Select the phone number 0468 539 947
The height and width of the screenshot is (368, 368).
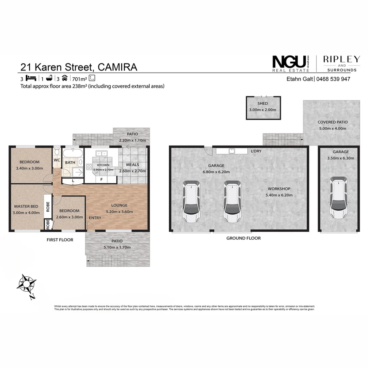point(333,79)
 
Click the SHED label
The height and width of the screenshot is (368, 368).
point(263,104)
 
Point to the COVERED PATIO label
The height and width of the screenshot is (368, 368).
point(332,122)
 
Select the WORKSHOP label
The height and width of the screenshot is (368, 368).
point(279,189)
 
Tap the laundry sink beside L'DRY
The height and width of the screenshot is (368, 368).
point(232,150)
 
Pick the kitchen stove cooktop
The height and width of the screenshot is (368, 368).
point(89,167)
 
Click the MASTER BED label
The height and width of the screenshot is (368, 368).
point(26,206)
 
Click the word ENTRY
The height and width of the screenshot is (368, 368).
point(95,218)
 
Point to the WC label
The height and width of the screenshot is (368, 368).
point(57,160)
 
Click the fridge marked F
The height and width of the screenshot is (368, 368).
point(101,179)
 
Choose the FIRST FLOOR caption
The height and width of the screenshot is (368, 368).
point(60,240)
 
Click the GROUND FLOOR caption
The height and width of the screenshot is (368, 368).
point(243,238)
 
